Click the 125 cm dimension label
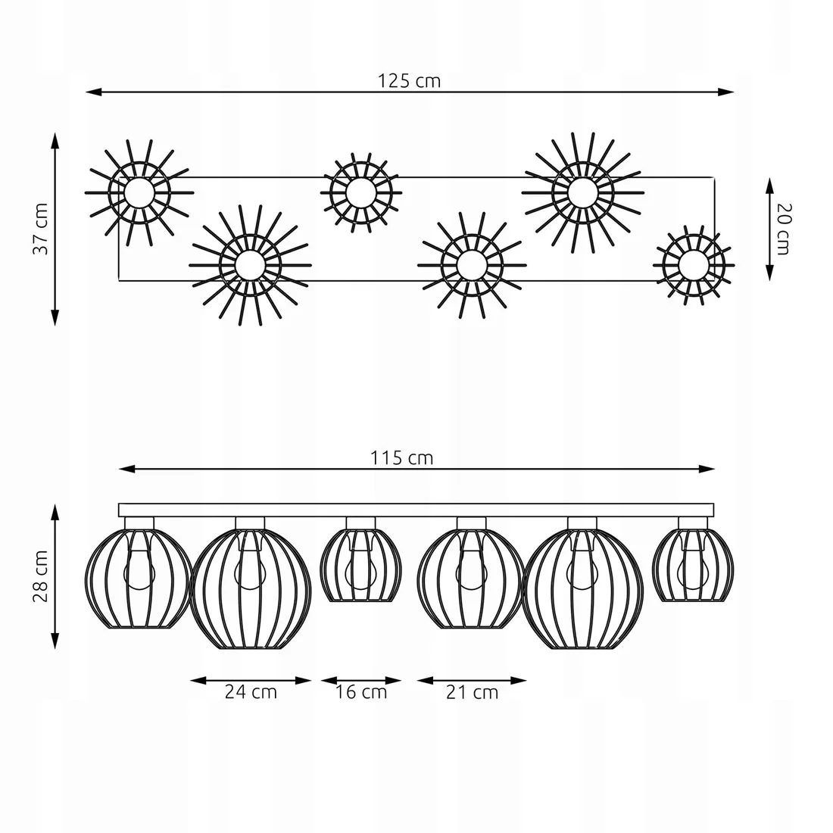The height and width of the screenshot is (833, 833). (409, 81)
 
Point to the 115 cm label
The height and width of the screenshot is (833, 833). (401, 457)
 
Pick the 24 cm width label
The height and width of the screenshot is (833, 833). (251, 691)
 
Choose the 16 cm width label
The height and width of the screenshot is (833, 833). (361, 691)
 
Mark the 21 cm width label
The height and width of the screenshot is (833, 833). (472, 691)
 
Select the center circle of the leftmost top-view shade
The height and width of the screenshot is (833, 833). (138, 192)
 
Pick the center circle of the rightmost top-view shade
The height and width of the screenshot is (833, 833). (691, 265)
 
